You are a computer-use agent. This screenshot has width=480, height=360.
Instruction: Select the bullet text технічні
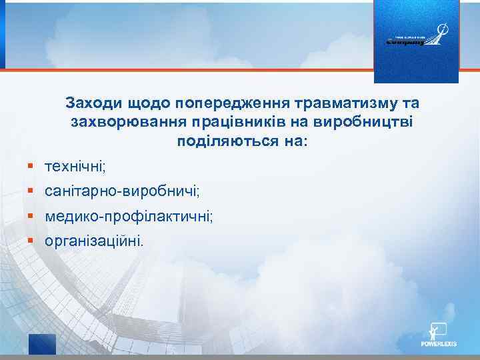point(75,165)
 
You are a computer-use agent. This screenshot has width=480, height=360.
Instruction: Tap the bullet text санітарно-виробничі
point(122,191)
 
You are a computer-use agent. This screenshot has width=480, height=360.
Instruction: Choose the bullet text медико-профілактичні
point(129,217)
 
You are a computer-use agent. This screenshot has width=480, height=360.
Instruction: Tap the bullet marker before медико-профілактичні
point(31,217)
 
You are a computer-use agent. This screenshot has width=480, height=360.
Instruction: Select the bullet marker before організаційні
point(31,241)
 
